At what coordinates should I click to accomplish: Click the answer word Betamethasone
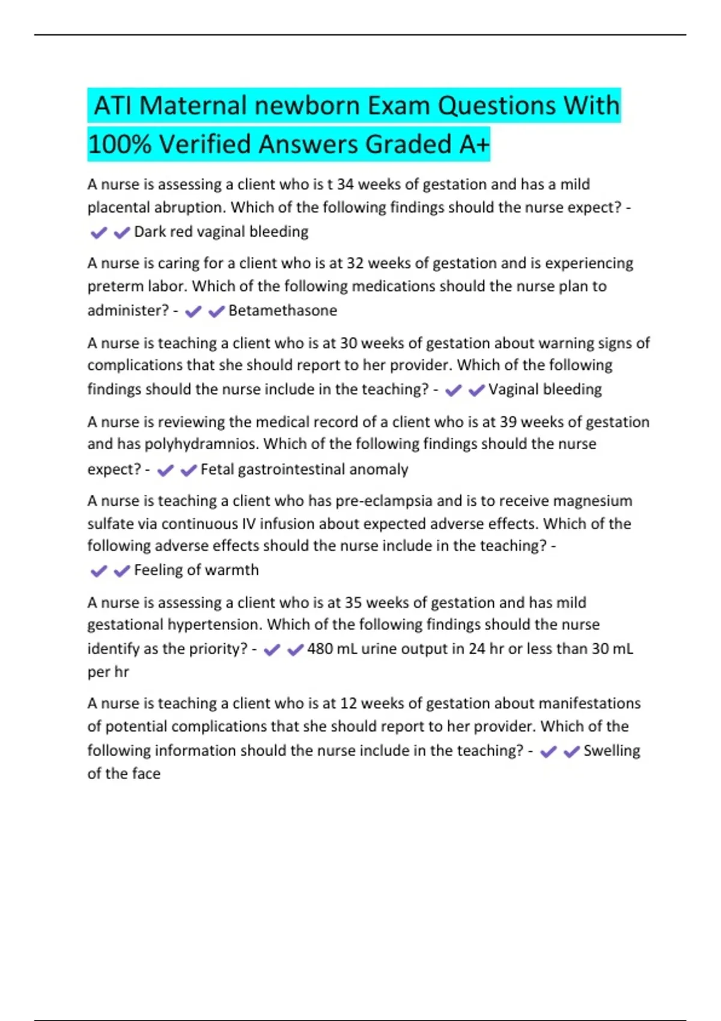tap(282, 311)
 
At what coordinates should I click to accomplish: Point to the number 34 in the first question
tap(345, 184)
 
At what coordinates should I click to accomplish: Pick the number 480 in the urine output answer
tap(320, 649)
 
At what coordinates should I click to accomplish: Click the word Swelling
tap(612, 751)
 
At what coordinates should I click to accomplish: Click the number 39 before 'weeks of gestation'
tap(508, 422)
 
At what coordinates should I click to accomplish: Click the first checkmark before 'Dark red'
tap(99, 233)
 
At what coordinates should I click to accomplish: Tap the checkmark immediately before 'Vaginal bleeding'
tap(476, 390)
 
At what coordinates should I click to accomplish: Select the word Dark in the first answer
tap(150, 232)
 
